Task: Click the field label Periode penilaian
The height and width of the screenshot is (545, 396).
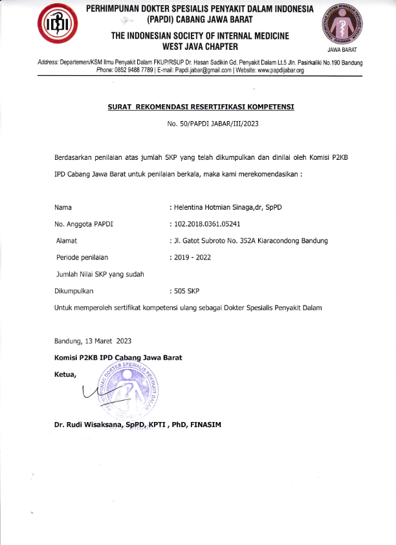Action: coord(82,258)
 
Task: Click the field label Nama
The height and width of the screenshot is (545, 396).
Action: coord(63,207)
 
